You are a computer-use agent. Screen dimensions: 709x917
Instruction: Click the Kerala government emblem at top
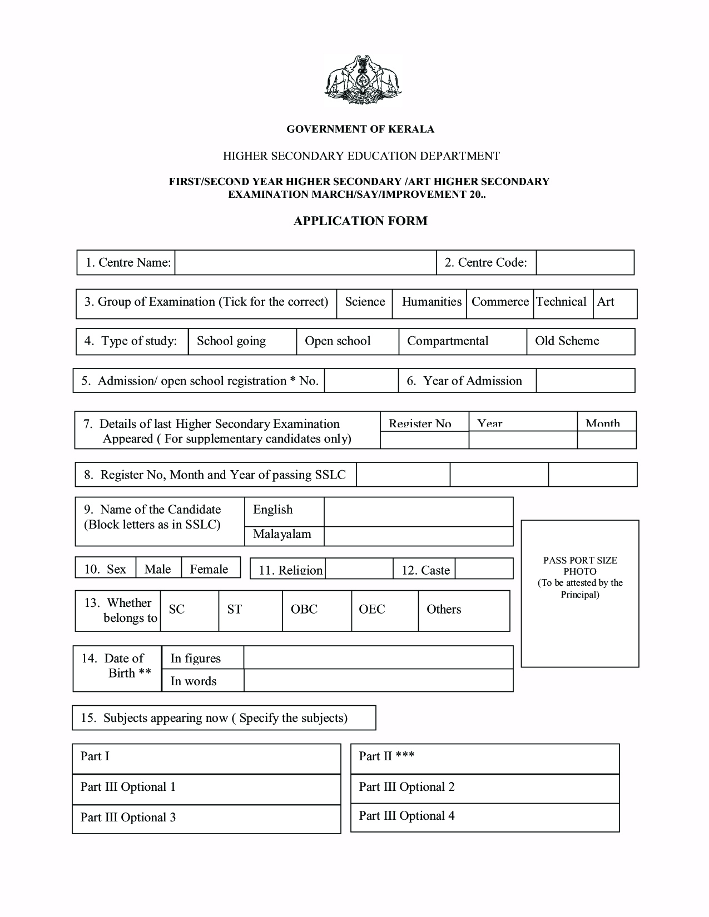point(363,80)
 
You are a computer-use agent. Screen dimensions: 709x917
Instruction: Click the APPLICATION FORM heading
point(360,221)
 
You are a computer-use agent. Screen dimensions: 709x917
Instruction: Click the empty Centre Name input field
point(305,263)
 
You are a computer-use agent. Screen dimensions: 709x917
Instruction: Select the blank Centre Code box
point(584,263)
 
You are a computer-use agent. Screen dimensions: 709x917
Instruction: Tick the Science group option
point(364,303)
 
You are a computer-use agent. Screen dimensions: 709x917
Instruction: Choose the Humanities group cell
point(429,303)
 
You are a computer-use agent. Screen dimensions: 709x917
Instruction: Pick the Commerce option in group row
point(499,303)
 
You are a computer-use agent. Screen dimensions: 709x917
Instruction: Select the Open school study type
point(347,342)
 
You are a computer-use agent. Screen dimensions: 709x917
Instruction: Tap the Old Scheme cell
point(580,342)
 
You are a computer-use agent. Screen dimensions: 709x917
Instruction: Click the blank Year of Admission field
point(585,381)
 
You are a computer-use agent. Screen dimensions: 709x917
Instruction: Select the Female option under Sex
point(210,569)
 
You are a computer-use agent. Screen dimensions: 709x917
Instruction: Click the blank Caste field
point(483,569)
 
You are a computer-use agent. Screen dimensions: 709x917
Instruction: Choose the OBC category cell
point(316,610)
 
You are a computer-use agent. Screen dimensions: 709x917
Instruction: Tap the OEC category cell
point(384,610)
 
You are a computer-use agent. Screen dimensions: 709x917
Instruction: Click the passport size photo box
point(579,594)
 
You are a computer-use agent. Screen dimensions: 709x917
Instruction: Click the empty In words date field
point(378,681)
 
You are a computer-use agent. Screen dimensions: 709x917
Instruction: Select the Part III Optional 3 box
point(206,818)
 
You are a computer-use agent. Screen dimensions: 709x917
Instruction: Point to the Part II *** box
point(484,758)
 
